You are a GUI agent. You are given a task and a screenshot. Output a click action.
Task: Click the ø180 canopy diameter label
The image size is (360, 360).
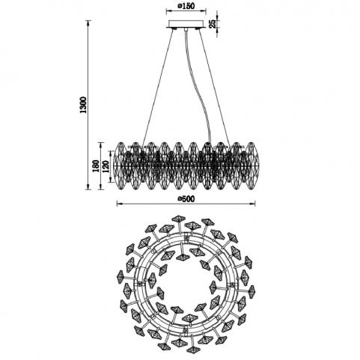186,6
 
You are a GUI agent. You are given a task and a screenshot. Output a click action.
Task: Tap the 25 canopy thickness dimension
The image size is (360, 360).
213,24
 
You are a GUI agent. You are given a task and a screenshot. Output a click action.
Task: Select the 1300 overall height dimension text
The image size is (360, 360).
83,105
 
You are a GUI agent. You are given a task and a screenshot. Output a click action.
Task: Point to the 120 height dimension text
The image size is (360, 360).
106,167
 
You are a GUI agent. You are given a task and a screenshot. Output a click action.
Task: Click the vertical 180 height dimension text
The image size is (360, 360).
96,166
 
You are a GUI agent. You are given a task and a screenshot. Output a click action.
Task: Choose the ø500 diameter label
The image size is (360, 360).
186,199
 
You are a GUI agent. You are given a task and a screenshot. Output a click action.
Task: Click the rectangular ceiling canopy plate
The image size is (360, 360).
186,24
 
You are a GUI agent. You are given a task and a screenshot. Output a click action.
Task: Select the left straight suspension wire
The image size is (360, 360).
158,86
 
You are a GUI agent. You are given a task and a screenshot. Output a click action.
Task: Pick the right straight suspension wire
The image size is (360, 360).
214,85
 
